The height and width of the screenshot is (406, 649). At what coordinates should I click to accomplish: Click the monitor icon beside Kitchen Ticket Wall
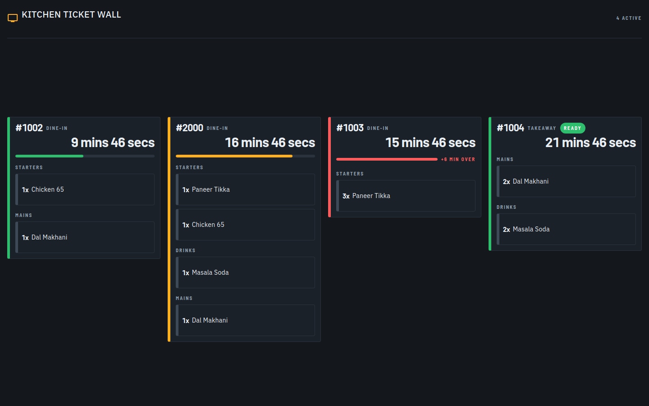coord(13,18)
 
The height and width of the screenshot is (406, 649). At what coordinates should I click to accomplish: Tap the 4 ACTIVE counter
coord(629,18)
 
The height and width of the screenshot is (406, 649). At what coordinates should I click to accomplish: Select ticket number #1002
coord(29,128)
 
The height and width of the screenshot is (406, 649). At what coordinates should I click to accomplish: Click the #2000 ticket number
coord(189,128)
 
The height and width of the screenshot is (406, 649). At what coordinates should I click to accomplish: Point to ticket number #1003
coord(350,128)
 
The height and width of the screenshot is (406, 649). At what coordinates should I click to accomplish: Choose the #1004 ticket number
coord(510,128)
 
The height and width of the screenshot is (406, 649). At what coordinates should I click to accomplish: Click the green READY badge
coord(572,128)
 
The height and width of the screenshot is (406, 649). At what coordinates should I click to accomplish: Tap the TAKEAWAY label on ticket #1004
coord(542,128)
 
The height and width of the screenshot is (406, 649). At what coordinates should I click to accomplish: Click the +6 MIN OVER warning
coord(458,160)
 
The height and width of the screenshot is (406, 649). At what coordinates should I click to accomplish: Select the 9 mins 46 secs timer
coord(113,143)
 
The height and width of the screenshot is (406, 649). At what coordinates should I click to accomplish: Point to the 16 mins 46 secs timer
coord(270,143)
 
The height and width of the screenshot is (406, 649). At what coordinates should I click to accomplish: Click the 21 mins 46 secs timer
coord(590,143)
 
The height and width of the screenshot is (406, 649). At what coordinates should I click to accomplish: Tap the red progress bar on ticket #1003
coord(387,159)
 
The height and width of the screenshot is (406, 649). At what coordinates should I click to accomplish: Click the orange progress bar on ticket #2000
coord(234,156)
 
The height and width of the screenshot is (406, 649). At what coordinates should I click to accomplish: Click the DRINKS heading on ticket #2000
coord(185,250)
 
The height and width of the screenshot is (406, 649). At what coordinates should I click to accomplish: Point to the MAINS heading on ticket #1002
coord(24,216)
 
